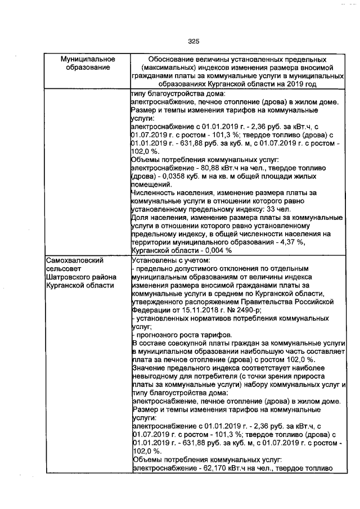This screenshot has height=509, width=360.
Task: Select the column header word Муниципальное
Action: tap(88, 59)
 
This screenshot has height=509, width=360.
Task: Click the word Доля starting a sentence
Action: tap(139, 217)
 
